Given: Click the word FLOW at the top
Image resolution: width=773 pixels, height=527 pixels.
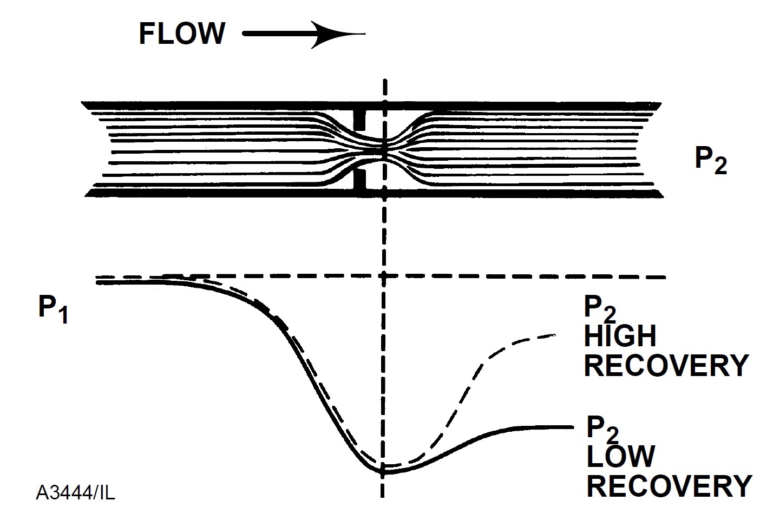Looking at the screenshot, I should (x=181, y=34).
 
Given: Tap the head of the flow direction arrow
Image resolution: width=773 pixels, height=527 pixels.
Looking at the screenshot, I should (x=336, y=35).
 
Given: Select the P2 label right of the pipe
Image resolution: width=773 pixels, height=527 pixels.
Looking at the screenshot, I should (x=711, y=161).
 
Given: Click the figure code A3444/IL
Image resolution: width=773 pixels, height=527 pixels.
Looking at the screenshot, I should (x=75, y=492).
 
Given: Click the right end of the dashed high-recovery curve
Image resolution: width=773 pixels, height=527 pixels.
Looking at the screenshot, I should (x=555, y=336).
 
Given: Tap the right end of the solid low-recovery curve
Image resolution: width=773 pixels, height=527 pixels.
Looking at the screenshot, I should (x=571, y=427).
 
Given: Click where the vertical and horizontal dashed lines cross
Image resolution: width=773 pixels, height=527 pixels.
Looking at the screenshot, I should (x=384, y=277).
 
